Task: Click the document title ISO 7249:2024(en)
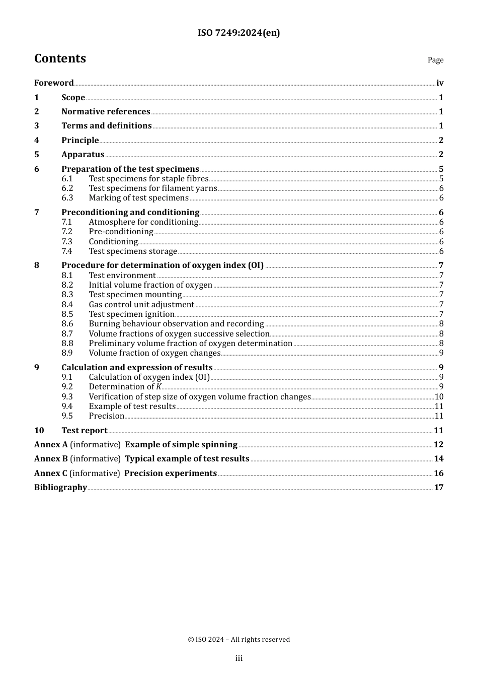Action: click(238, 33)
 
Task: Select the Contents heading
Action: click(60, 58)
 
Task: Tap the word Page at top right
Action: click(435, 60)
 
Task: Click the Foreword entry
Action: click(54, 83)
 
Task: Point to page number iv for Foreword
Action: click(440, 83)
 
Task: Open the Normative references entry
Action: click(106, 112)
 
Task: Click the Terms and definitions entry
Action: click(106, 126)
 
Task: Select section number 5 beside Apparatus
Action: click(37, 155)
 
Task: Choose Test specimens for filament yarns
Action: click(153, 188)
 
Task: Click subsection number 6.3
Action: click(67, 198)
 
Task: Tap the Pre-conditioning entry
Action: click(121, 232)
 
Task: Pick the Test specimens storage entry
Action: click(133, 251)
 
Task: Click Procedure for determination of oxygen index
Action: click(162, 265)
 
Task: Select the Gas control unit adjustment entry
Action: click(141, 305)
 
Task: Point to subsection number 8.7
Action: click(67, 334)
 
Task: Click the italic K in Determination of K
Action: click(159, 387)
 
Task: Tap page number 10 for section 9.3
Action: click(439, 397)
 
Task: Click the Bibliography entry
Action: click(60, 488)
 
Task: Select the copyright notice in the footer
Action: click(238, 640)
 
